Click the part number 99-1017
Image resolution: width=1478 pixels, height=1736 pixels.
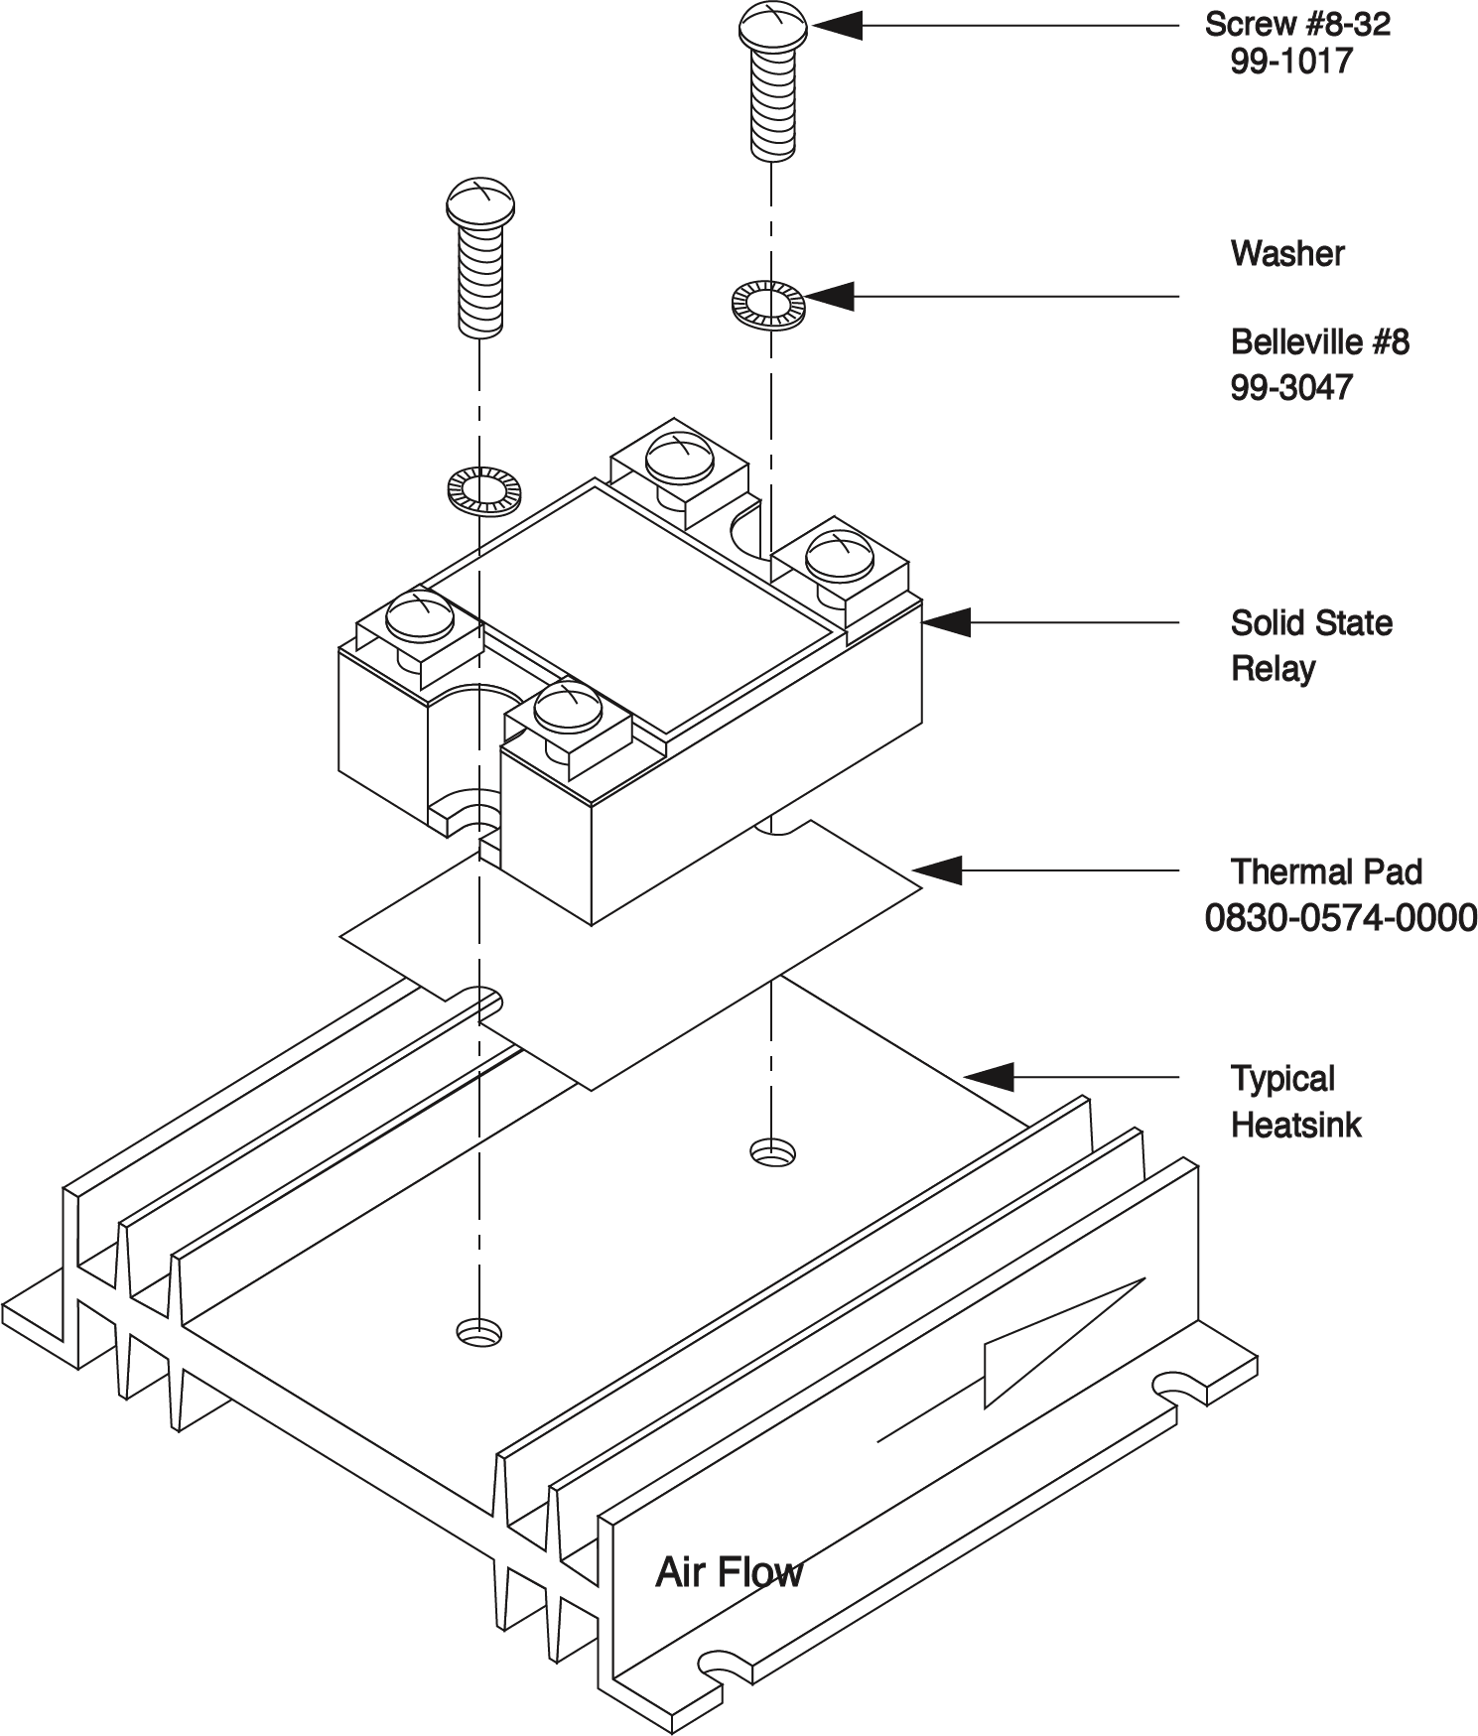pos(1291,62)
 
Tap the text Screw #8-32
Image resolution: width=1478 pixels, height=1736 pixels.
pos(1297,24)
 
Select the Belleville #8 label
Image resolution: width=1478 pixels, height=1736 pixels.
pos(1319,342)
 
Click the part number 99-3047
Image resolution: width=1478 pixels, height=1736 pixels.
pos(1291,387)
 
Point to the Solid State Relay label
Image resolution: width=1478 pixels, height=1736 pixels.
pos(1310,645)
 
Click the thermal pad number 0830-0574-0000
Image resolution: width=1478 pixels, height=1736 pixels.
pos(1340,919)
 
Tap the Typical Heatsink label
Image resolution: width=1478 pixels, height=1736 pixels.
pos(1296,1102)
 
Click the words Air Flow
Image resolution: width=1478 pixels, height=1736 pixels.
pos(729,1572)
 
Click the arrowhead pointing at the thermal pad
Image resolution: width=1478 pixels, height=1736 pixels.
pos(938,871)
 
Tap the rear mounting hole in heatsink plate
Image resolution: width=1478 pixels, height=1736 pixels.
pos(771,1152)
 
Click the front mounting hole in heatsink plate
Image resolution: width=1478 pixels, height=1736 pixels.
pos(478,1331)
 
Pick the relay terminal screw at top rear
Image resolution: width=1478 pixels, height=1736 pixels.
pos(677,458)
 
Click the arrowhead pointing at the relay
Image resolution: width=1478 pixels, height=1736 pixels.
pos(943,622)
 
